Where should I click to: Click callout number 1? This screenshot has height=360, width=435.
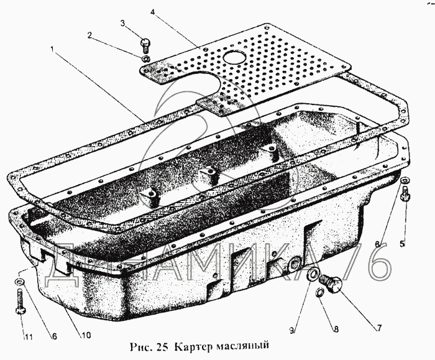[x=52, y=49]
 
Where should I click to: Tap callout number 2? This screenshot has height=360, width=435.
[x=89, y=35]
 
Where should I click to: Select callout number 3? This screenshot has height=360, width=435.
[x=123, y=23]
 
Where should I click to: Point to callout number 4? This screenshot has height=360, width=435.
[x=153, y=12]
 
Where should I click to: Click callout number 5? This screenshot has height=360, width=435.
[x=402, y=244]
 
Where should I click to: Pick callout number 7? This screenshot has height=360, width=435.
[x=379, y=328]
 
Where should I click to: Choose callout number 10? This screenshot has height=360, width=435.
[x=86, y=335]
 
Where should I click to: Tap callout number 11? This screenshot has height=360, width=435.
[x=28, y=337]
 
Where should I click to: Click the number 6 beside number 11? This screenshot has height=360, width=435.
[x=54, y=336]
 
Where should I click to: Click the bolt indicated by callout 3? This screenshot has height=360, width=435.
[x=145, y=45]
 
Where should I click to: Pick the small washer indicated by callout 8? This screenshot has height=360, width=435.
[x=319, y=292]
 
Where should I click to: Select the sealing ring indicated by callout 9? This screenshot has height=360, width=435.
[x=312, y=275]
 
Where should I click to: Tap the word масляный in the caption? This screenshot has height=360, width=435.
[x=242, y=346]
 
